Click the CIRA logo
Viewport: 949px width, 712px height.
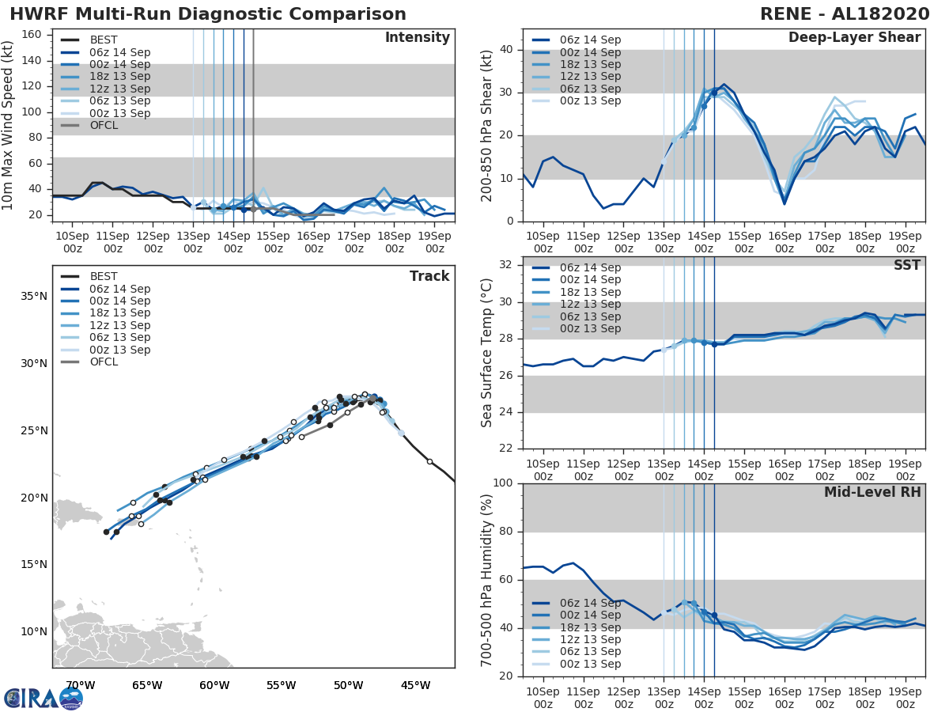[x=43, y=698]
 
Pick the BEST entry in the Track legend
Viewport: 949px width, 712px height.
[x=104, y=277]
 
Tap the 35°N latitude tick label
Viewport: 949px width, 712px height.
[x=34, y=297]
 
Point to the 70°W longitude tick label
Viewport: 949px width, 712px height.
[x=81, y=685]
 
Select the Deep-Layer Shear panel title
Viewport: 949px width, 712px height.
[x=854, y=38]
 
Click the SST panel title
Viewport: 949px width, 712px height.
[x=906, y=265]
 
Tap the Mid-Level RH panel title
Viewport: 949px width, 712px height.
[x=872, y=492]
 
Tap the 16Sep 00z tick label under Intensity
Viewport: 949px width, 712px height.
[x=314, y=241]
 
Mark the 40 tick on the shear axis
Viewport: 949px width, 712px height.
[x=505, y=50]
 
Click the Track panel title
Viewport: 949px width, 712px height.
[x=429, y=276]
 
